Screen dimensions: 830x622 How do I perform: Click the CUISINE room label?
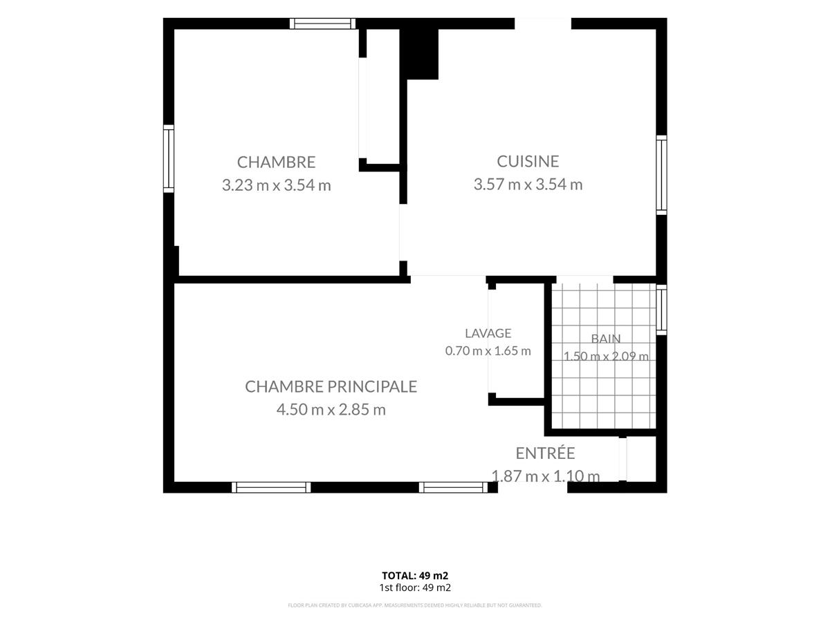pyautogui.click(x=528, y=161)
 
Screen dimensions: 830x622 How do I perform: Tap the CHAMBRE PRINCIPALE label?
pyautogui.click(x=331, y=386)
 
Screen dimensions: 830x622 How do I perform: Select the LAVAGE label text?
pyautogui.click(x=488, y=333)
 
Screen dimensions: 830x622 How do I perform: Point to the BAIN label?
pyautogui.click(x=606, y=339)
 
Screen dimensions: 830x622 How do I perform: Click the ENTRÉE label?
pyautogui.click(x=545, y=453)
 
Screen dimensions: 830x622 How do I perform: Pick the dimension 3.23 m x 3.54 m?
pyautogui.click(x=277, y=185)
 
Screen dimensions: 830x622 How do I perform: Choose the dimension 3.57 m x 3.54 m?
pyautogui.click(x=528, y=185)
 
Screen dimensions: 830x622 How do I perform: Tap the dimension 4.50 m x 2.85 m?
pyautogui.click(x=331, y=409)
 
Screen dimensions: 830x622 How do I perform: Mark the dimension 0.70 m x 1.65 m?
pyautogui.click(x=488, y=351)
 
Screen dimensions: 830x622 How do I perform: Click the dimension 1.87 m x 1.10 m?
pyautogui.click(x=545, y=476)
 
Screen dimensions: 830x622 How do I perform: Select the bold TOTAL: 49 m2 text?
pyautogui.click(x=415, y=576)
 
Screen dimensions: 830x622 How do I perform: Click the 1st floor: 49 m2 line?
pyautogui.click(x=415, y=587)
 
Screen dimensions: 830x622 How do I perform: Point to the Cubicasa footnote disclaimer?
pyautogui.click(x=415, y=605)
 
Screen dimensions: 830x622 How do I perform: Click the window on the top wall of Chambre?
pyautogui.click(x=322, y=23)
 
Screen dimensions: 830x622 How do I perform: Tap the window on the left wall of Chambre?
pyautogui.click(x=169, y=159)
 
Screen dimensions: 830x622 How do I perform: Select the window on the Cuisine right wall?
pyautogui.click(x=661, y=175)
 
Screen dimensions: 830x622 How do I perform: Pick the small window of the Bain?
pyautogui.click(x=661, y=310)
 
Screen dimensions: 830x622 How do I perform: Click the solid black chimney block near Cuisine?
pyautogui.click(x=419, y=54)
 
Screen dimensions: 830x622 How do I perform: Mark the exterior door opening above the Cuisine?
pyautogui.click(x=543, y=23)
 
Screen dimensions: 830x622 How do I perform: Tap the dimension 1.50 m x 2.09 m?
pyautogui.click(x=606, y=356)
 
